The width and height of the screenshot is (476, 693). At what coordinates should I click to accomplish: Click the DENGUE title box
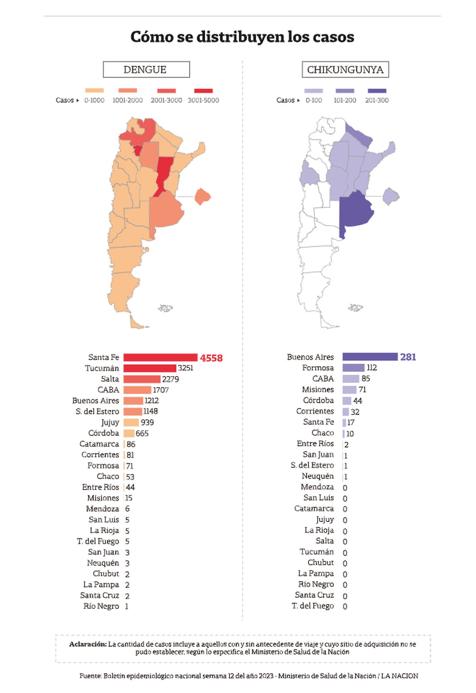click(x=146, y=69)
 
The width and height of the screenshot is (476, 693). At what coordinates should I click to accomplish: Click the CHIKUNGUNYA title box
click(x=345, y=69)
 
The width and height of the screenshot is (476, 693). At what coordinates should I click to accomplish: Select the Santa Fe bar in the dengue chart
click(x=160, y=357)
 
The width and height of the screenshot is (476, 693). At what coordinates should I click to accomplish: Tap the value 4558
click(x=211, y=358)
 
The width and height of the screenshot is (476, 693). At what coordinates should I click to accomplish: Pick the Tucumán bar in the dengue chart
click(x=150, y=368)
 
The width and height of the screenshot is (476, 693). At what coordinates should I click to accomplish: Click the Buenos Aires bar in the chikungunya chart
click(x=370, y=357)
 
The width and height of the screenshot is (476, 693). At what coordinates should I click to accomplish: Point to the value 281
click(x=408, y=357)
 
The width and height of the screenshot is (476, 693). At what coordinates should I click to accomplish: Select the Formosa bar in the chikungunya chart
click(x=353, y=368)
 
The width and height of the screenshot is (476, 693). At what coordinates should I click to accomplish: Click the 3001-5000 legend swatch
click(x=203, y=91)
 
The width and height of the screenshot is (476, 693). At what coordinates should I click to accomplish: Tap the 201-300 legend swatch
click(x=377, y=91)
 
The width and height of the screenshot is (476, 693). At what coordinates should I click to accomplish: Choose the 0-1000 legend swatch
click(x=94, y=91)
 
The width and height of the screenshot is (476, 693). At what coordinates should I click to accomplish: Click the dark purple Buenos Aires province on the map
click(x=355, y=210)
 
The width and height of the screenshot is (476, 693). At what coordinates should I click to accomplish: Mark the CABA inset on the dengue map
click(x=202, y=196)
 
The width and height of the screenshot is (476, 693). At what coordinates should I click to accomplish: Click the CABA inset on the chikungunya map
click(x=391, y=196)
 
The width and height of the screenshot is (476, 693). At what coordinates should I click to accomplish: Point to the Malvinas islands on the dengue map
click(x=165, y=308)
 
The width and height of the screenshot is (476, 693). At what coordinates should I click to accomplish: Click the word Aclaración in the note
click(x=88, y=644)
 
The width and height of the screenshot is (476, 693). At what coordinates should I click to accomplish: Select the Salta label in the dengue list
click(x=110, y=379)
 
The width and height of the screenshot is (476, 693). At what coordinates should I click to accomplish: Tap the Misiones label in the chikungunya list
click(x=318, y=390)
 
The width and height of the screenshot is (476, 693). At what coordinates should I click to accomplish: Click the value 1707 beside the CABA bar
click(x=161, y=390)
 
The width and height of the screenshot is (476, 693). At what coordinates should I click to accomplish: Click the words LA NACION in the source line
click(x=399, y=676)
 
